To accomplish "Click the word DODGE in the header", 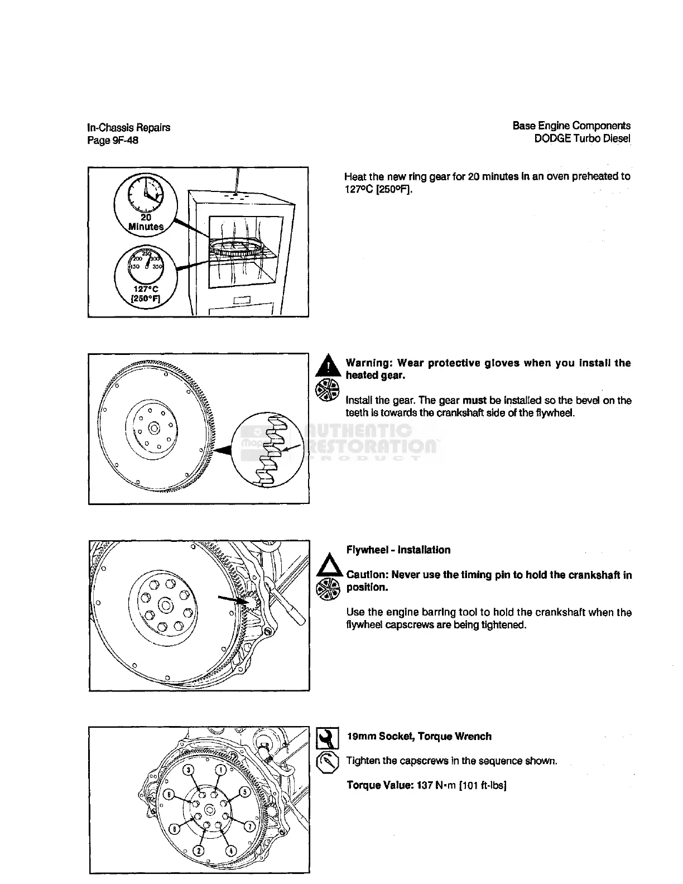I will coord(549,138).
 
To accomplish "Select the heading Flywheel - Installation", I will coord(398,550).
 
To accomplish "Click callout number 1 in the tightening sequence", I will coord(221,770).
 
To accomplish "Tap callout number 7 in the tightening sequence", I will coord(251,825).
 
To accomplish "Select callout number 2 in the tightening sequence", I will coord(198,851).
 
